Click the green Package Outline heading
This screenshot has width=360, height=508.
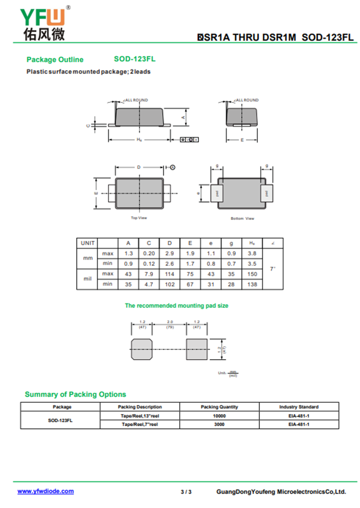pyautogui.click(x=55, y=60)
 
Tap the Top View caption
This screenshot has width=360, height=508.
pyautogui.click(x=139, y=218)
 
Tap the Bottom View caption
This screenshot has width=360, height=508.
pyautogui.click(x=242, y=218)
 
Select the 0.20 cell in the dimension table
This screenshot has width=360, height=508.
pyautogui.click(x=149, y=254)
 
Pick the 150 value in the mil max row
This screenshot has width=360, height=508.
pyautogui.click(x=252, y=274)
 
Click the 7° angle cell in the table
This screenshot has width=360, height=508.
pyautogui.click(x=272, y=268)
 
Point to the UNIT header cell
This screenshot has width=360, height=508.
pyautogui.click(x=87, y=243)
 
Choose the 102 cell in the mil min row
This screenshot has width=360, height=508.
pyautogui.click(x=169, y=284)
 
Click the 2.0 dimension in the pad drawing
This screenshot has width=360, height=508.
pyautogui.click(x=170, y=322)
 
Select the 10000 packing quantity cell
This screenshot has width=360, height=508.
pyautogui.click(x=219, y=416)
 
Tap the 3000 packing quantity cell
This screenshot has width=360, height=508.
pyautogui.click(x=219, y=424)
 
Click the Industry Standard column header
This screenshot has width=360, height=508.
pyautogui.click(x=299, y=407)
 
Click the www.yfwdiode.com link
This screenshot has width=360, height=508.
pyautogui.click(x=45, y=491)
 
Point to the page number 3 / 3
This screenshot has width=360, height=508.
pyautogui.click(x=186, y=492)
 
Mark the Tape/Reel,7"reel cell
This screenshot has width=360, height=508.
pyautogui.click(x=139, y=424)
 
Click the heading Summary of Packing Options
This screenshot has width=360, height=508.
pyautogui.click(x=75, y=394)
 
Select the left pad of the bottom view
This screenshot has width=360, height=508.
pyautogui.click(x=217, y=193)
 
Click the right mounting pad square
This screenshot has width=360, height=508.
pyautogui.click(x=197, y=349)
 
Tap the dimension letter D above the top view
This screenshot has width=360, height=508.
pyautogui.click(x=139, y=167)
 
